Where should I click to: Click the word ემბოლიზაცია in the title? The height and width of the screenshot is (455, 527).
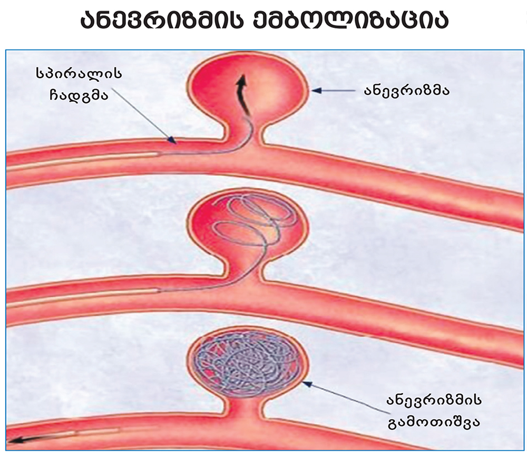[x=357, y=21]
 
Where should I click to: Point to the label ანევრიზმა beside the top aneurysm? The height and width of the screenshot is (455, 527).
[x=406, y=91]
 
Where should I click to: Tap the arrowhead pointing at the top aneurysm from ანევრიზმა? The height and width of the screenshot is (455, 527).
[x=315, y=91]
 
